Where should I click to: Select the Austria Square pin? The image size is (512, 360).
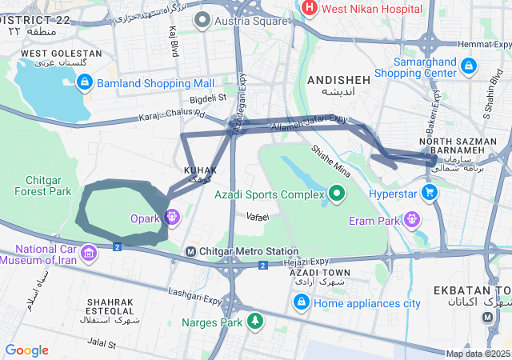coord(204,18)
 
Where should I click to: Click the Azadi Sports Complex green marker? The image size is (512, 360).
coord(337,194)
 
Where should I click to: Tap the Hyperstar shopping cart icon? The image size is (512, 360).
coord(430,193)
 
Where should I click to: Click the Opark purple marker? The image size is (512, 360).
coord(172,217)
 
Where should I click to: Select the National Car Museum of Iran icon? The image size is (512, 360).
coord(87,254)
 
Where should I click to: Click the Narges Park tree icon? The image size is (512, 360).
coord(254,322)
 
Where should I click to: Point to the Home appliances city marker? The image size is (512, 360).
coord(301,302)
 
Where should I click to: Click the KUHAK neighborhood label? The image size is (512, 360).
coord(200,170)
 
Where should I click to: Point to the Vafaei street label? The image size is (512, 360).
coord(258,217)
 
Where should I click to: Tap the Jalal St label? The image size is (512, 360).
coord(102,344)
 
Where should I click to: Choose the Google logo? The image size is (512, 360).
coord(26,350)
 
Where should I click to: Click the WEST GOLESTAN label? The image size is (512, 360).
coord(61,54)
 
